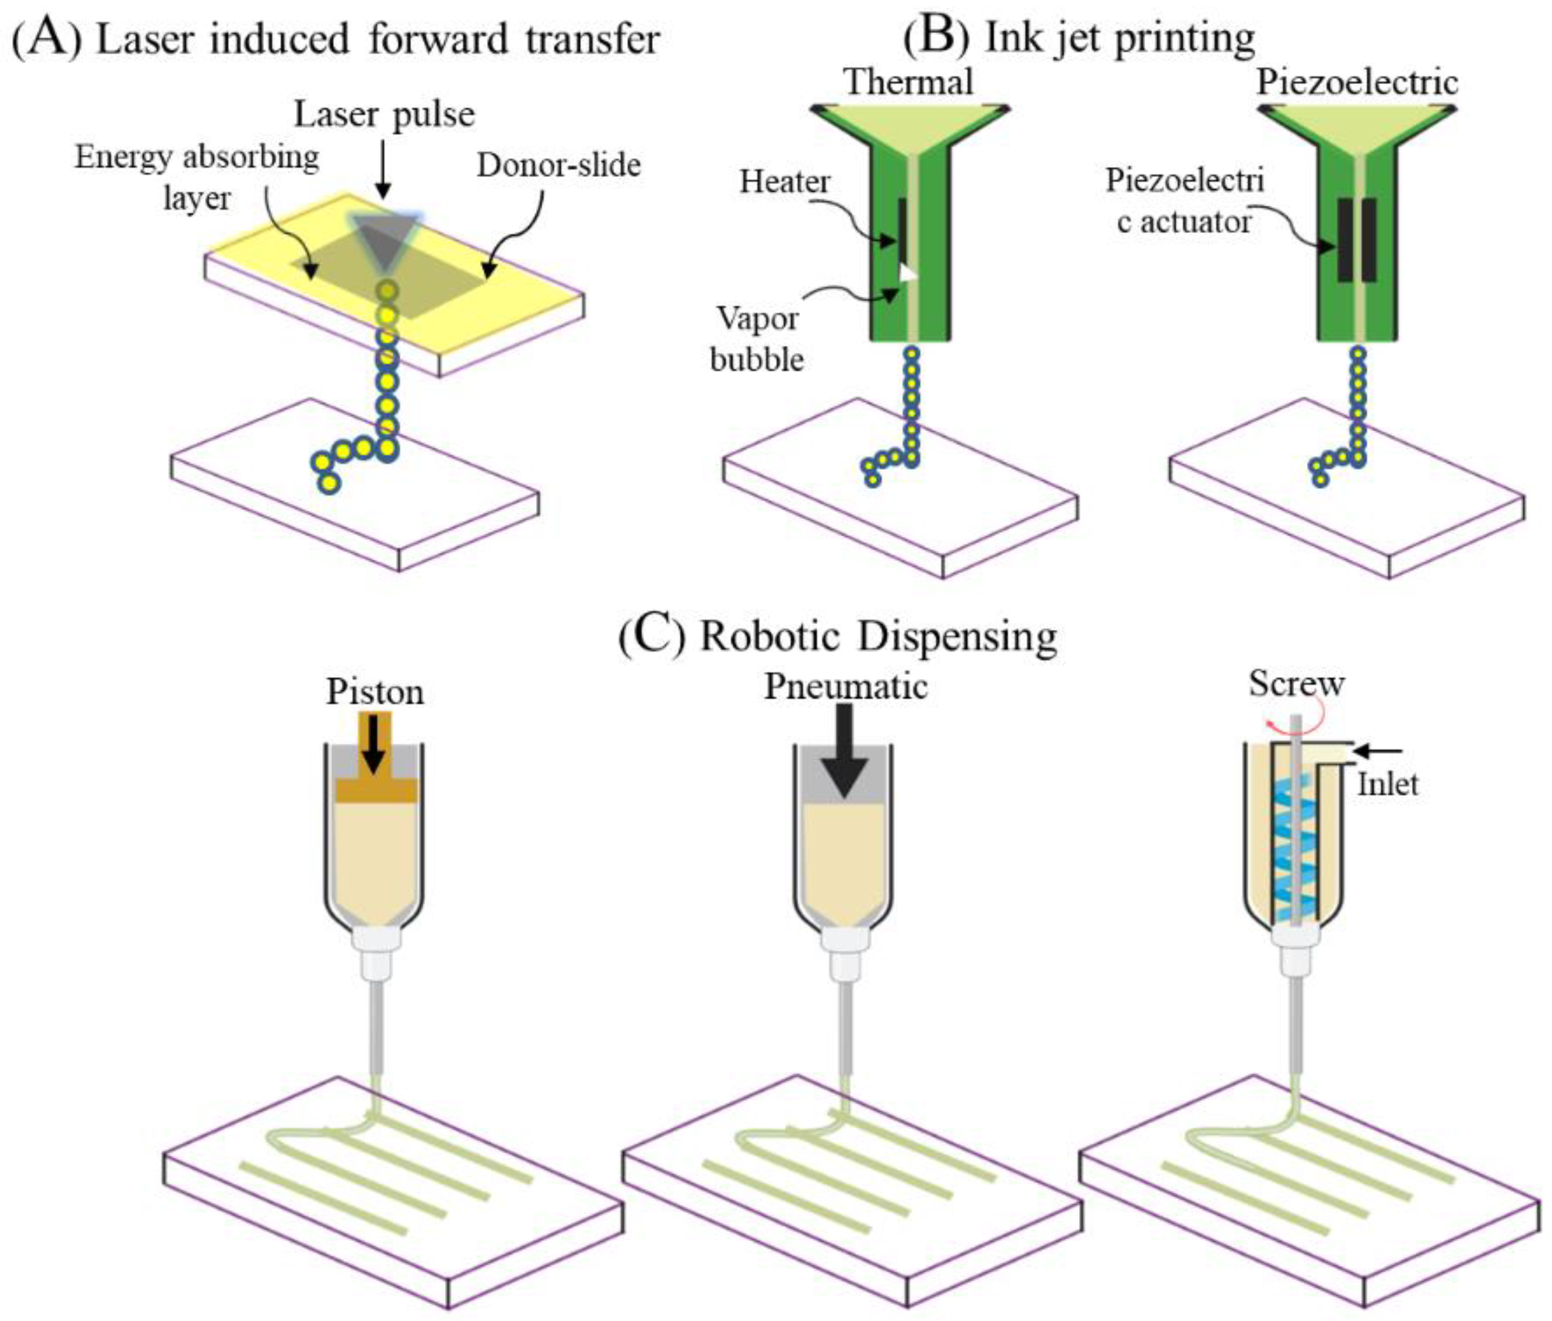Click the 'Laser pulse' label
(x=384, y=115)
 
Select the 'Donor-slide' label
(x=559, y=165)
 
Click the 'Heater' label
(x=784, y=181)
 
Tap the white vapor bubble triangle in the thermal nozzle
(x=908, y=274)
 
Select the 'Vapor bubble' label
(x=757, y=339)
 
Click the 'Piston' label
(x=374, y=691)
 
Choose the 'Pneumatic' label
(x=845, y=686)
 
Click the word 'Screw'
(x=1296, y=683)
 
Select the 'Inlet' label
(x=1388, y=784)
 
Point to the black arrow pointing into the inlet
(x=1378, y=750)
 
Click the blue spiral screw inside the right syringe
(x=1293, y=846)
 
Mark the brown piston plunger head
(x=375, y=790)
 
